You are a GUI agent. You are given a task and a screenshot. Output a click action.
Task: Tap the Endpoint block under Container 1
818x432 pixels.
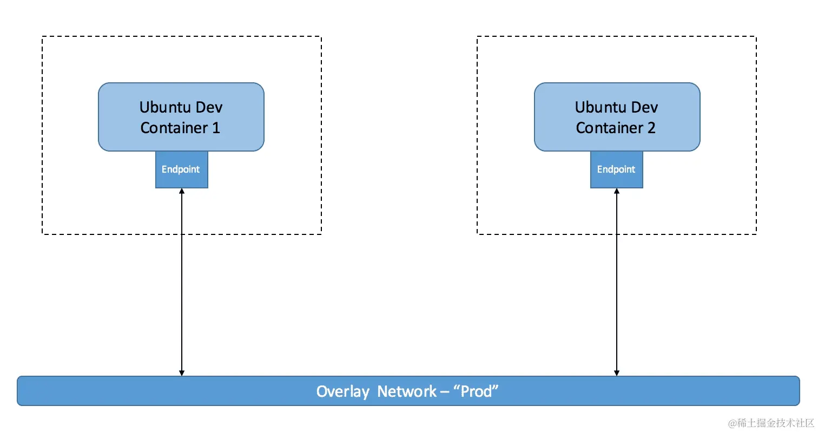pyautogui.click(x=181, y=169)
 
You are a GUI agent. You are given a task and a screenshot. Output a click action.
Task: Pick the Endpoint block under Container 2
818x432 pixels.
pyautogui.click(x=616, y=169)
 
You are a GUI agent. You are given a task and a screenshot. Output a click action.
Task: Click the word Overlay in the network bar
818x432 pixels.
pyautogui.click(x=343, y=391)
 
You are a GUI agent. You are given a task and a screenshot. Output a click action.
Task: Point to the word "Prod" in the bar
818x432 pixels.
pyautogui.click(x=476, y=391)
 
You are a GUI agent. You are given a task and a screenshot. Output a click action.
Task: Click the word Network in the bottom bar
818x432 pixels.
pyautogui.click(x=407, y=391)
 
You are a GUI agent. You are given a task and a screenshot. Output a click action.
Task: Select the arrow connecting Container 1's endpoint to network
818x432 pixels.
pyautogui.click(x=182, y=282)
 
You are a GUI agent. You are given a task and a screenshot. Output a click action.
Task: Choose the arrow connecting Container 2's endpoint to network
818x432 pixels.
pyautogui.click(x=617, y=282)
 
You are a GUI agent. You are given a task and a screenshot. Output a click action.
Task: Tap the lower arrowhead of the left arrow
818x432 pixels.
pyautogui.click(x=182, y=372)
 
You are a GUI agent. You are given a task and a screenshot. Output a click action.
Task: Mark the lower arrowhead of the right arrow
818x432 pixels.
pyautogui.click(x=617, y=372)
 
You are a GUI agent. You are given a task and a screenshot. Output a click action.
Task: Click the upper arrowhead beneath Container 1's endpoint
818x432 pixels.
pyautogui.click(x=182, y=192)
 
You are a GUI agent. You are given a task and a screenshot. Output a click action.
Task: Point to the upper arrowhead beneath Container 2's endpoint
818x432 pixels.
pyautogui.click(x=617, y=192)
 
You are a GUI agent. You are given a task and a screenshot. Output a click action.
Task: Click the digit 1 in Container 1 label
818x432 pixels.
pyautogui.click(x=216, y=128)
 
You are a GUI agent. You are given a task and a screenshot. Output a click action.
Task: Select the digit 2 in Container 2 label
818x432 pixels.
pyautogui.click(x=651, y=128)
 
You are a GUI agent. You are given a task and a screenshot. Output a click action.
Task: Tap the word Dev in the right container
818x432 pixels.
pyautogui.click(x=644, y=107)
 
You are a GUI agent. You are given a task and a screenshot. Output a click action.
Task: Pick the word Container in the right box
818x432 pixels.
pyautogui.click(x=608, y=128)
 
